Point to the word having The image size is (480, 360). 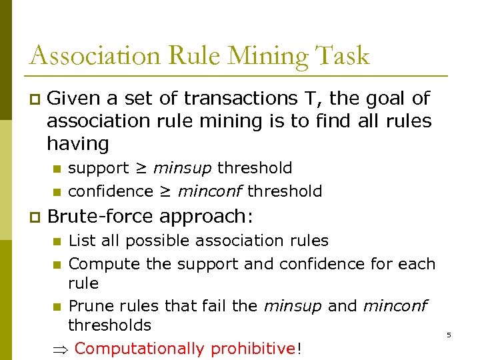[x=77, y=144]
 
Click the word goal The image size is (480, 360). [x=387, y=99]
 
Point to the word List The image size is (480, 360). [x=82, y=240]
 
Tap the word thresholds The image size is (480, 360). [x=109, y=325]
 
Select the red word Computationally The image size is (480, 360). [x=139, y=349]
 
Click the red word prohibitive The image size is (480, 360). [x=252, y=349]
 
